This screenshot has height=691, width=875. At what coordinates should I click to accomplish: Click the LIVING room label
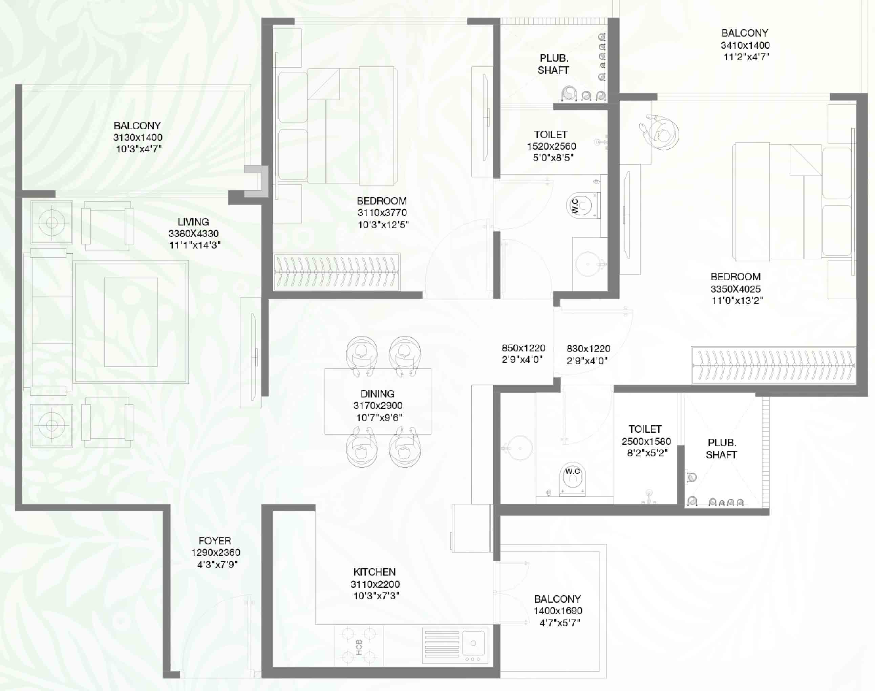[193, 222]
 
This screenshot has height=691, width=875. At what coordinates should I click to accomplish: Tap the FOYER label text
[215, 541]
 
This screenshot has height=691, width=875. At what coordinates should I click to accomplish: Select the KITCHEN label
[375, 572]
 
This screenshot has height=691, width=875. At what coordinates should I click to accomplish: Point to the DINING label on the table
[378, 394]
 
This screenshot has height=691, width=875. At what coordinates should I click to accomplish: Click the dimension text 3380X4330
[193, 233]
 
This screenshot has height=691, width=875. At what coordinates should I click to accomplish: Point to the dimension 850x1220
[524, 348]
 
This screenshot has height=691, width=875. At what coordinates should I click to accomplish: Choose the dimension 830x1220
[589, 349]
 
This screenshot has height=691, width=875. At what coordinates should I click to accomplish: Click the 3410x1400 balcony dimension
[745, 45]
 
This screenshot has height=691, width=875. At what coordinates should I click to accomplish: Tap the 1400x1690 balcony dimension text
[558, 611]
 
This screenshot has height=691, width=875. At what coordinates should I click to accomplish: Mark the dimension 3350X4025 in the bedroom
[736, 289]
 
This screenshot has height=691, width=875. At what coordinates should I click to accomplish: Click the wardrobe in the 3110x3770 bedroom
[337, 272]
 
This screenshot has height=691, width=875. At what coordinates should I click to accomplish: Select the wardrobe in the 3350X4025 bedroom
[773, 365]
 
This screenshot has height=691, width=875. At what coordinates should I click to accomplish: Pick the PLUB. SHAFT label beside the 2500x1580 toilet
[721, 449]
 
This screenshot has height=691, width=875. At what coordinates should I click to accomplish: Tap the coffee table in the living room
[131, 322]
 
